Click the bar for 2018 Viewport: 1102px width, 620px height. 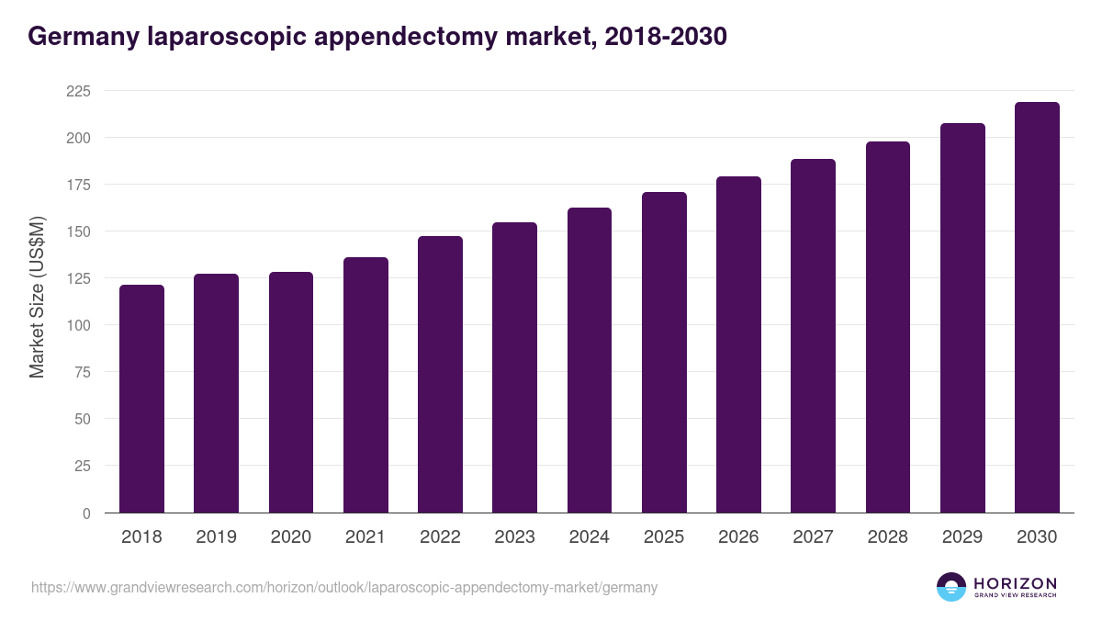[x=141, y=399]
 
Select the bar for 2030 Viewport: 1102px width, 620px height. [x=1037, y=308]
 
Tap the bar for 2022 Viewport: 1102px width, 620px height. [x=440, y=375]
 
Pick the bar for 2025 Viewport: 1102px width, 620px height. [x=664, y=353]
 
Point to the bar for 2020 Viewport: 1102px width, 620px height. [x=291, y=392]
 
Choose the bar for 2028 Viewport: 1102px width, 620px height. [x=888, y=327]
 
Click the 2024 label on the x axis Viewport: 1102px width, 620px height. [x=590, y=537]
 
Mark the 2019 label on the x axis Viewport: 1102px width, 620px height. [x=216, y=537]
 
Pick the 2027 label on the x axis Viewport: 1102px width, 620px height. [x=813, y=537]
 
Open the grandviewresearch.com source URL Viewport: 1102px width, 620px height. [x=344, y=587]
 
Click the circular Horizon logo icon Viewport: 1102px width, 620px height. [x=951, y=587]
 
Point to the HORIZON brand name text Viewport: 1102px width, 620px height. [x=1015, y=582]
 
